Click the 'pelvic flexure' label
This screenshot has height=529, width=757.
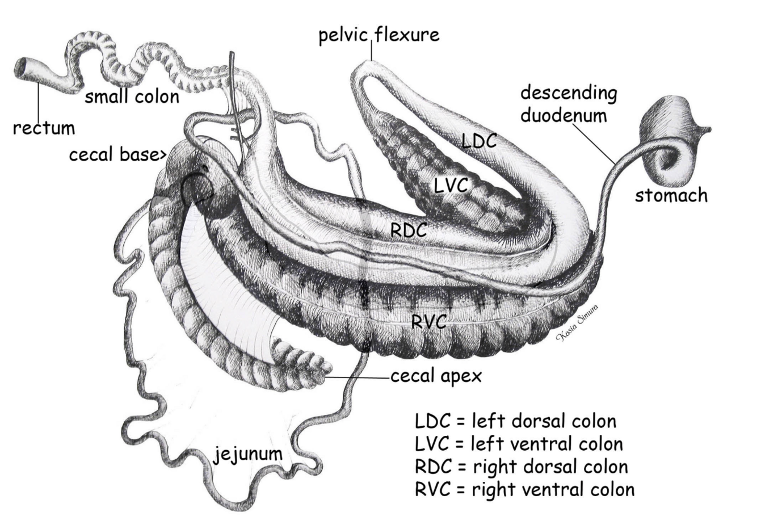[379, 35]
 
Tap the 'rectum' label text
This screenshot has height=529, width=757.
[44, 128]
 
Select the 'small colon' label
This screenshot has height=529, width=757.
[132, 97]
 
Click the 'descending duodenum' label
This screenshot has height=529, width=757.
[569, 104]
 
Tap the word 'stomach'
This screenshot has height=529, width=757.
[671, 196]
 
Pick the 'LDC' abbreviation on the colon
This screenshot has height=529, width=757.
[479, 141]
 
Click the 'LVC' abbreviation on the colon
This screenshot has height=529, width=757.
[451, 184]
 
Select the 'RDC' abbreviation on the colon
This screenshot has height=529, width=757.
[409, 230]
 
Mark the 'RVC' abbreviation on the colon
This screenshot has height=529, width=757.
[428, 322]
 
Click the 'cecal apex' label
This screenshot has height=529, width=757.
[436, 376]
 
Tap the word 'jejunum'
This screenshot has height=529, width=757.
[248, 454]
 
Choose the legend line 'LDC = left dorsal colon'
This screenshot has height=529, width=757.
[515, 422]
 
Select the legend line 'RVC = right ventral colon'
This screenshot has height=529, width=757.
[525, 489]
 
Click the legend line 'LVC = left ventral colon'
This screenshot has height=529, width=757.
[519, 444]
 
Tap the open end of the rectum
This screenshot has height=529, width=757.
[21, 68]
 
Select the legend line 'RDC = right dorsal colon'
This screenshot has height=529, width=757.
[522, 467]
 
